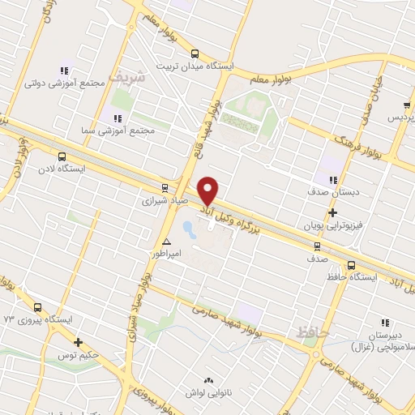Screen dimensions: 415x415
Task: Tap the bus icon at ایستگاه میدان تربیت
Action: [194, 53]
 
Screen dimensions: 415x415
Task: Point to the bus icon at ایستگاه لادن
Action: [63, 156]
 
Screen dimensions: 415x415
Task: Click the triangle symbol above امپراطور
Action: [167, 242]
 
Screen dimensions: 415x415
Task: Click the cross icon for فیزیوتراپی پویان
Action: [332, 212]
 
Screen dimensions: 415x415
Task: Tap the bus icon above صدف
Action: [317, 245]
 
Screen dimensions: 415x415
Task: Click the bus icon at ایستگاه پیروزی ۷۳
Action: [37, 306]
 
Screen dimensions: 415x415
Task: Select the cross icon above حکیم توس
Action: [78, 343]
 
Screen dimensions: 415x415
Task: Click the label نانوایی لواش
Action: [209, 392]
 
